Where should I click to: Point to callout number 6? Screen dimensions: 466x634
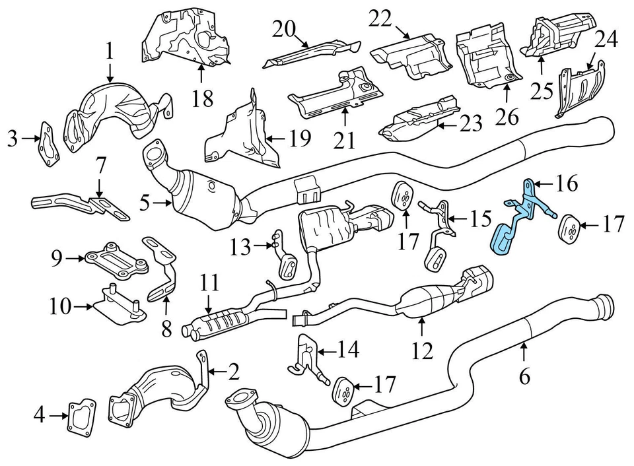click(x=524, y=376)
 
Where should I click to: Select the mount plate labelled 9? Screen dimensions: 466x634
click(x=115, y=258)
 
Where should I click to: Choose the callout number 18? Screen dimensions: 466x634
click(x=203, y=99)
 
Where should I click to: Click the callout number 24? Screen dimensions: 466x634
click(x=606, y=41)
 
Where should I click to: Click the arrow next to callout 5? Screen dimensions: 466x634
click(x=161, y=204)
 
